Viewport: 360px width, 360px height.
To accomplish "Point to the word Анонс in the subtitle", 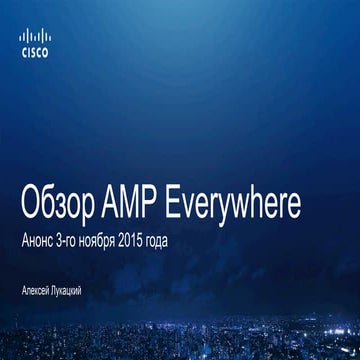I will [x=51, y=243].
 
